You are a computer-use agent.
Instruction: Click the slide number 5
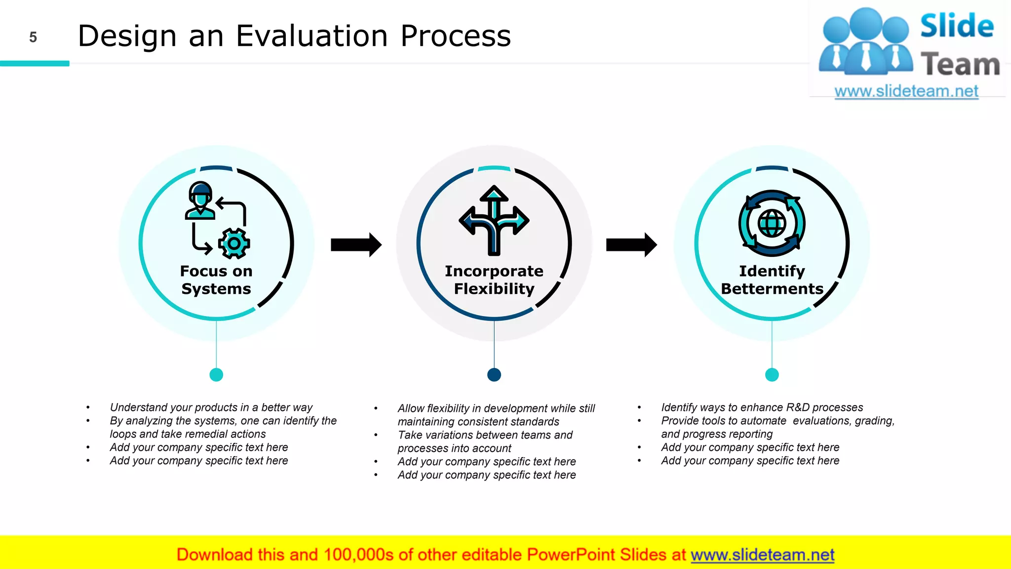coord(33,38)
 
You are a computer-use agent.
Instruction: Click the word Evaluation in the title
coord(311,36)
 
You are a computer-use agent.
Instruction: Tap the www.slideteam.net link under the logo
coord(906,91)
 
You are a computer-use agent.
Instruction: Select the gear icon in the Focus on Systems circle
coord(234,244)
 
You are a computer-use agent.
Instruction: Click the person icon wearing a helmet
coord(200,201)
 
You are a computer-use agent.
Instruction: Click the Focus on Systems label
coord(216,280)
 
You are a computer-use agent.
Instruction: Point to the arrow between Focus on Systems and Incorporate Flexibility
coord(356,244)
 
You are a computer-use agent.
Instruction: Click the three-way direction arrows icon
coord(494,220)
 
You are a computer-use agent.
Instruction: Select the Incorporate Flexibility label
coord(494,280)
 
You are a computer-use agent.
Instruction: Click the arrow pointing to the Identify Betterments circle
coord(631,244)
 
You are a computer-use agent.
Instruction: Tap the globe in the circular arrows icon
coord(772,223)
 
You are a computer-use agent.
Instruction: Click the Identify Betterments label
coord(772,280)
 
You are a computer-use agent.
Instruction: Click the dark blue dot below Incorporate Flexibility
coord(494,375)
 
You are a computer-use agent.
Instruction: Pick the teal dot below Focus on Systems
coord(216,375)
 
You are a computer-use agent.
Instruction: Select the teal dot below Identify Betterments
coord(772,375)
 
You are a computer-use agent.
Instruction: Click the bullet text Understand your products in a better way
coord(211,407)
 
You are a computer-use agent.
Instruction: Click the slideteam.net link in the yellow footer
coord(762,555)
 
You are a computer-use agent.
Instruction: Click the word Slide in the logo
coord(957,26)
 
